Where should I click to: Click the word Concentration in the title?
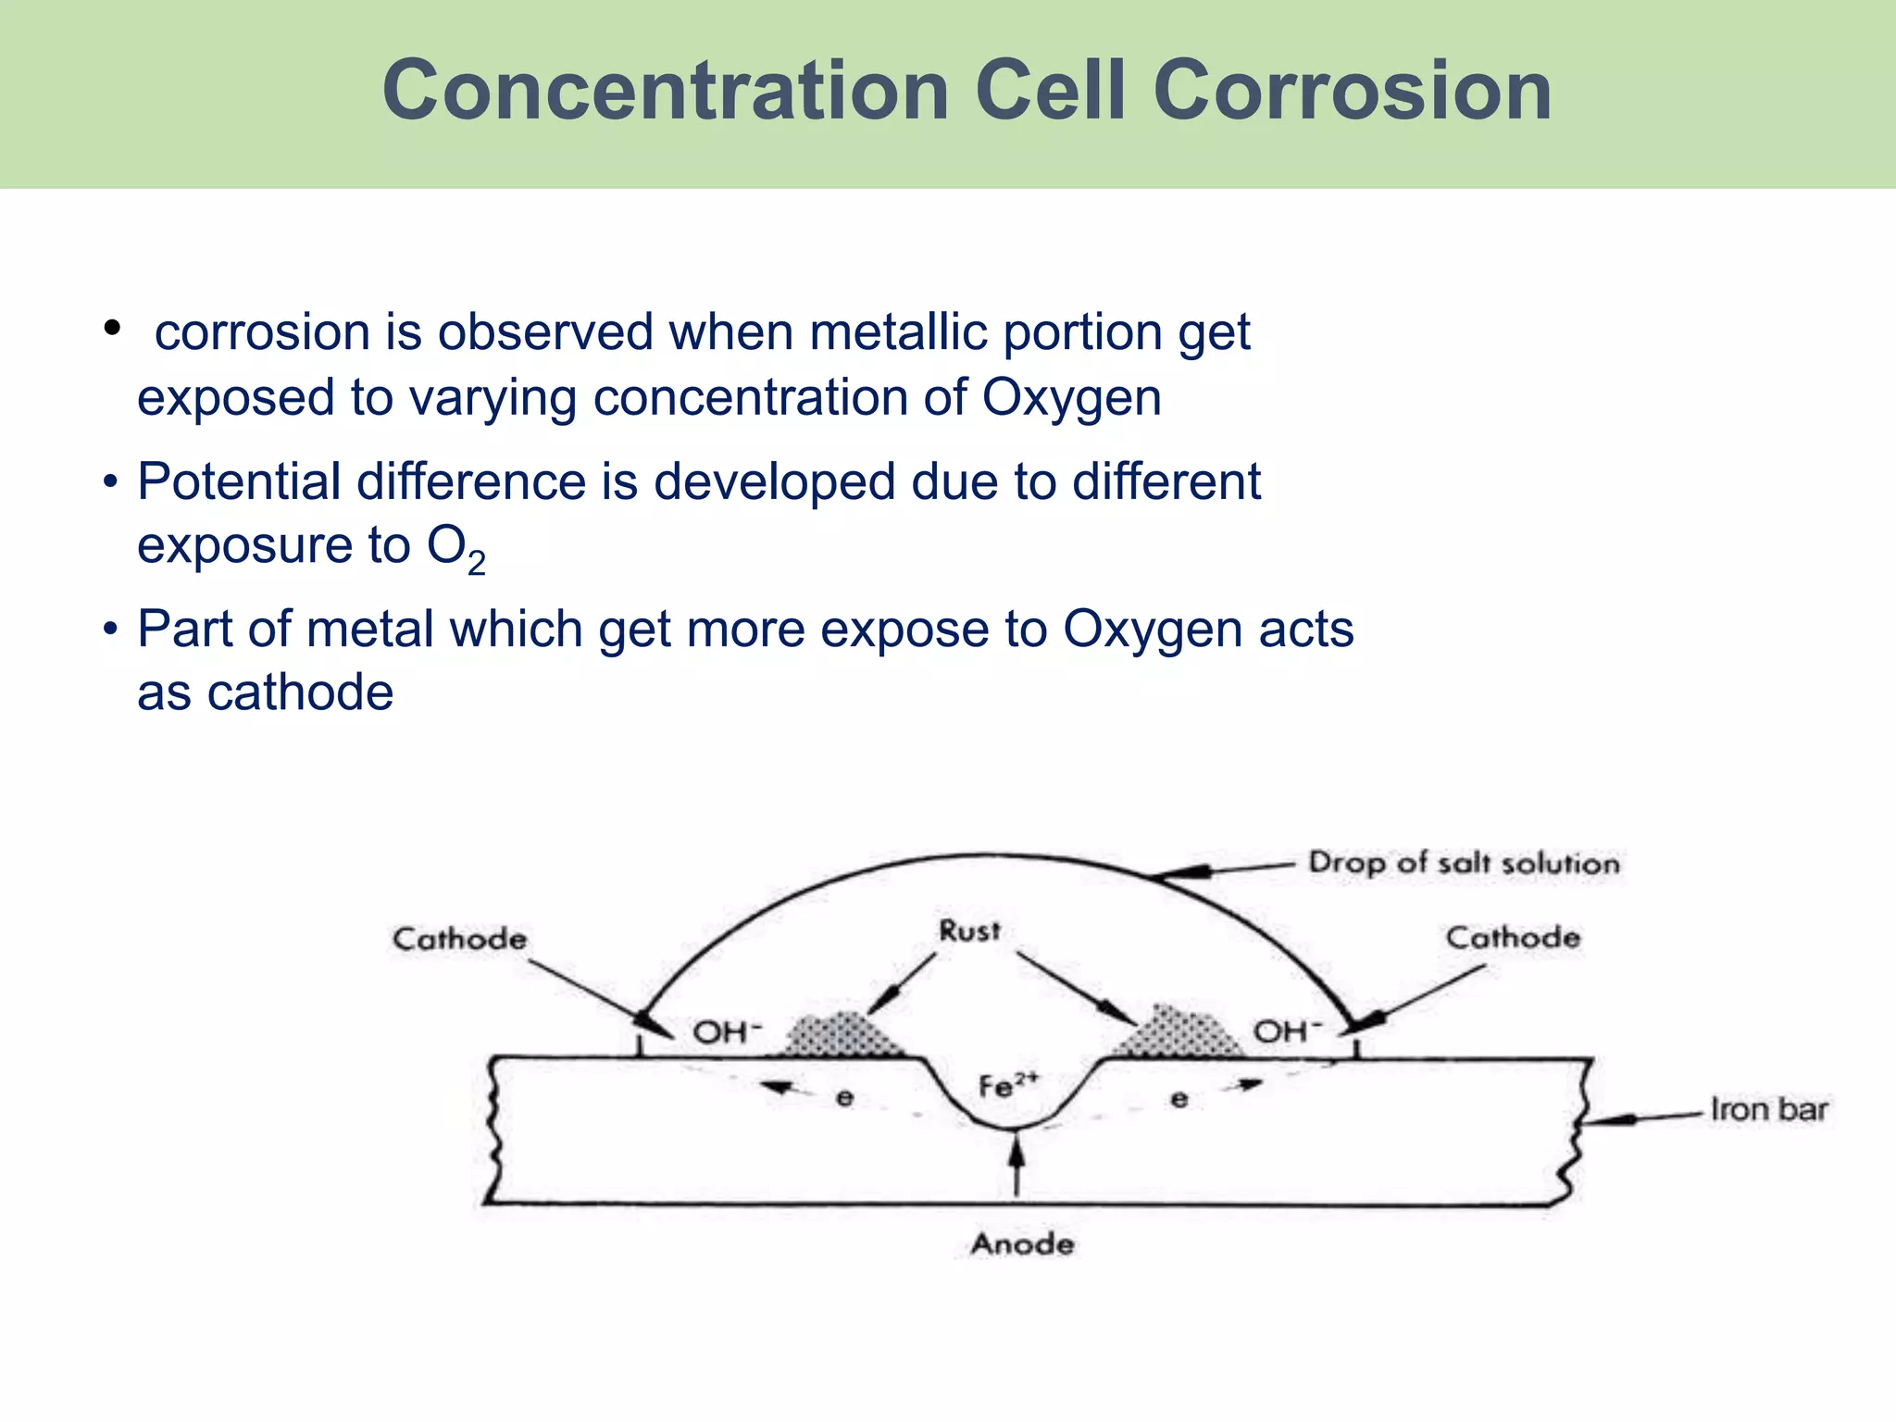[x=666, y=91]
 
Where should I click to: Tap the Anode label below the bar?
[x=1022, y=1243]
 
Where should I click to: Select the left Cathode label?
[x=459, y=939]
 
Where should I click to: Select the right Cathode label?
[x=1513, y=937]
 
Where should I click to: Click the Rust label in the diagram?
[x=969, y=930]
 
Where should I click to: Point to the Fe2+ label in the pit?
[x=1008, y=1085]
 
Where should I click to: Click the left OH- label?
[x=727, y=1031]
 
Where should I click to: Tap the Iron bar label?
[x=1768, y=1109]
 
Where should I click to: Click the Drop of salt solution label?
[x=1464, y=863]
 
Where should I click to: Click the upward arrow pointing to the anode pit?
[x=1017, y=1166]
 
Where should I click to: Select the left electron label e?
[x=844, y=1099]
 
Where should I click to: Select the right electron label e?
[x=1179, y=1099]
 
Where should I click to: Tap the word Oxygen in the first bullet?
[x=1071, y=398]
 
